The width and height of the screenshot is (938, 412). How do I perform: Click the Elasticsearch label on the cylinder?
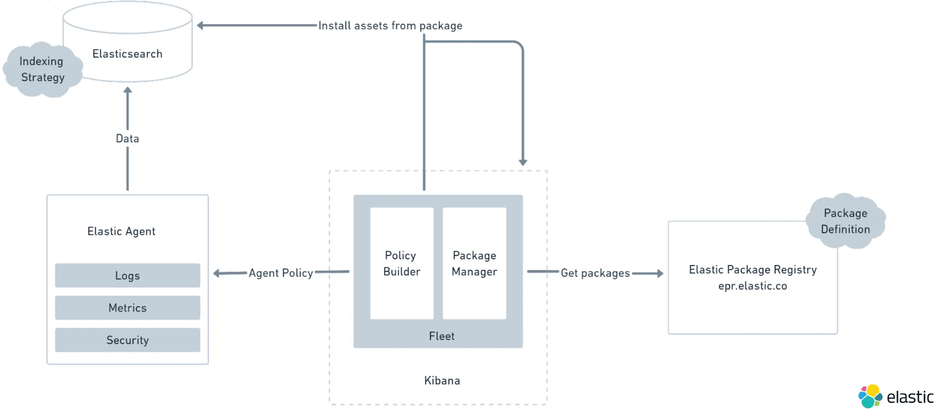point(128,54)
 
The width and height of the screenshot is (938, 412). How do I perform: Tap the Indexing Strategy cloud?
point(42,69)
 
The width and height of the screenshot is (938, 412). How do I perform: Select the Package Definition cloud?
point(845,221)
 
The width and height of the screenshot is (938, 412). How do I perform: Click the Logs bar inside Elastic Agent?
point(128,275)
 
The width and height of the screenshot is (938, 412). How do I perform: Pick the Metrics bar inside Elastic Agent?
point(128,308)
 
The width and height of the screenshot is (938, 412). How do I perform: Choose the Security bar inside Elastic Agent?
point(128,340)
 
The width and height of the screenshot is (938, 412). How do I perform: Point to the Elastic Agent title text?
point(121,232)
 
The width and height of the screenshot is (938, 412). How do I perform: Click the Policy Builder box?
point(401,263)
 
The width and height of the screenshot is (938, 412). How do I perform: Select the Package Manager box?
point(474,263)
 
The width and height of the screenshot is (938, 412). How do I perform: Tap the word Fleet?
point(442,336)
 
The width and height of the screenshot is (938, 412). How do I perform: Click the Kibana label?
point(442,380)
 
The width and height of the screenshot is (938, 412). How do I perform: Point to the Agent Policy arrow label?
point(281,273)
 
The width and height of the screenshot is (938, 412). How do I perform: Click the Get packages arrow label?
point(595,273)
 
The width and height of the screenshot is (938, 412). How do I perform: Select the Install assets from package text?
point(390,26)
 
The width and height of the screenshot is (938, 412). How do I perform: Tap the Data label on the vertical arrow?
point(128,138)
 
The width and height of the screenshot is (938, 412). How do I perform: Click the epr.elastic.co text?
point(752,286)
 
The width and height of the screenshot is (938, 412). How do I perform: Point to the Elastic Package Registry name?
point(752,269)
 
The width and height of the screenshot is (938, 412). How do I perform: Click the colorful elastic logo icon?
point(870,396)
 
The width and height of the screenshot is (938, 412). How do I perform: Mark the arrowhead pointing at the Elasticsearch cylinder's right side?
point(200,26)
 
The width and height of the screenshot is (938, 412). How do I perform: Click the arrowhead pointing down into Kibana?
point(523,162)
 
